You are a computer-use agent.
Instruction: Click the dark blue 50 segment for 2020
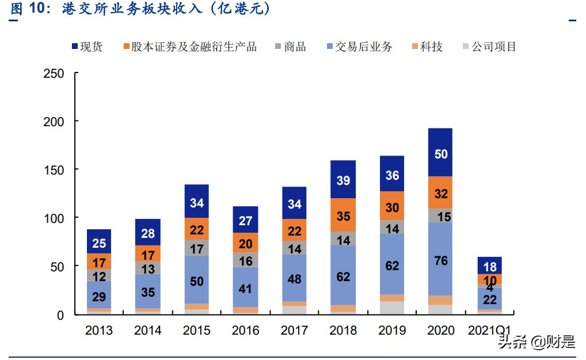click(x=440, y=153)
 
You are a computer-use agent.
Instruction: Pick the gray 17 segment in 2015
click(x=196, y=248)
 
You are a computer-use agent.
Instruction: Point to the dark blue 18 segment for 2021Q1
click(x=489, y=266)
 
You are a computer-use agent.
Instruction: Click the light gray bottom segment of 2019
click(x=391, y=308)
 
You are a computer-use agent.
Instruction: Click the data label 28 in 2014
click(x=147, y=233)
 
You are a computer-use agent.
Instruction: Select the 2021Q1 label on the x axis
click(x=489, y=330)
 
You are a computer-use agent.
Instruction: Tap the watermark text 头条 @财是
click(x=536, y=342)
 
